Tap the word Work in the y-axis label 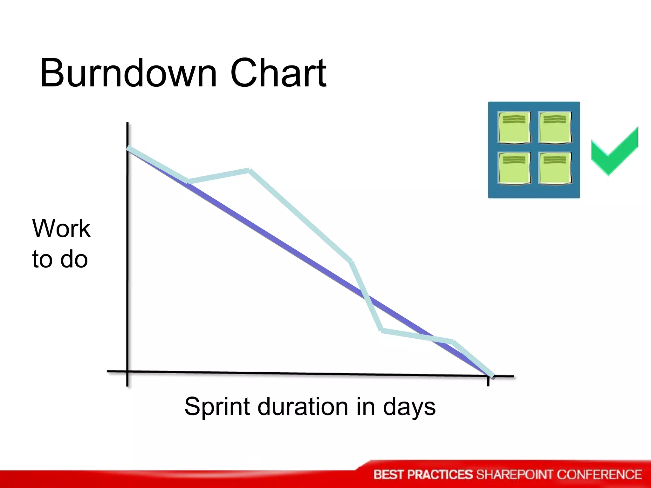[61, 228]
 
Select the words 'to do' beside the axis [60, 259]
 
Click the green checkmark [614, 152]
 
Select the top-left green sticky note [514, 127]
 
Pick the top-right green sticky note [555, 127]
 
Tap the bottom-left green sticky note [514, 168]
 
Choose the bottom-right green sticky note [555, 168]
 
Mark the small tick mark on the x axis [488, 382]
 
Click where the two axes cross [127, 371]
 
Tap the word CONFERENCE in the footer [599, 475]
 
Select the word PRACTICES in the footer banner [440, 475]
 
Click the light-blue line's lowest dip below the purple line [382, 330]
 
